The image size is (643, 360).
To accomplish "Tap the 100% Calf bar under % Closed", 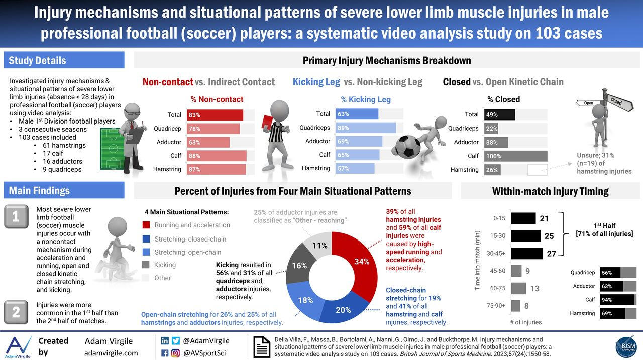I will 516,156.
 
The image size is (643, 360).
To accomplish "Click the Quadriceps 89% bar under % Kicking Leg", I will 366,128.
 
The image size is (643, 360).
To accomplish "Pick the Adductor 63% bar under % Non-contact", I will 208,142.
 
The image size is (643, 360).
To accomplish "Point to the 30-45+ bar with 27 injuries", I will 527,253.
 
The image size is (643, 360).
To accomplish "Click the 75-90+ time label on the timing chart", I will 495,305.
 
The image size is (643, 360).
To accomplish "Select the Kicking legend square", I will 146,265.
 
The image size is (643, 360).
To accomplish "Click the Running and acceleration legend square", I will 146,225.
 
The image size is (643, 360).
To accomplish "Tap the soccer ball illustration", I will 406,146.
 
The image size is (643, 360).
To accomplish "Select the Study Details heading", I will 38,60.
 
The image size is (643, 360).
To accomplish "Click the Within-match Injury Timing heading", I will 550,191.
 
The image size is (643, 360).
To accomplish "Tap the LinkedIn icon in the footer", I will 165,340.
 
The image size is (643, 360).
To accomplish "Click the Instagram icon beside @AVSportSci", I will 175,353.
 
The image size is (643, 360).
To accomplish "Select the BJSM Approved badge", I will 626,346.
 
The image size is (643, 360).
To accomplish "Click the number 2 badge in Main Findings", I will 16,312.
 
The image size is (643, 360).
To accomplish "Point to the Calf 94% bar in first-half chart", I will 617,300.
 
